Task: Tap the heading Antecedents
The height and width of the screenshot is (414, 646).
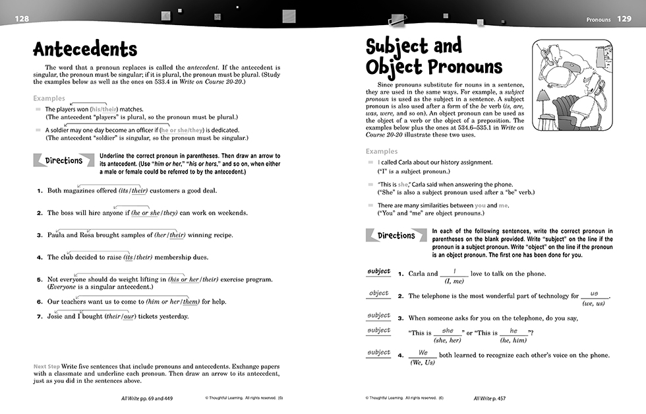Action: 85,50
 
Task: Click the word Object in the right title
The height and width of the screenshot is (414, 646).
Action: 394,67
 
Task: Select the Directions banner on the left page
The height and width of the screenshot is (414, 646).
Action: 64,160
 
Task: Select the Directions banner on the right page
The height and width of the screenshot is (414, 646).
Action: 396,236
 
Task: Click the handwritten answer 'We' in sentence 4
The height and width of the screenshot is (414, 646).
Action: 423,353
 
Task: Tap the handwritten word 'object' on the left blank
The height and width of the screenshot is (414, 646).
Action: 379,293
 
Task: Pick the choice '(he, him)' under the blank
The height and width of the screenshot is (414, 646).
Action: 514,340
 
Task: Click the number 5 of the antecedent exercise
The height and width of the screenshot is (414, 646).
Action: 40,279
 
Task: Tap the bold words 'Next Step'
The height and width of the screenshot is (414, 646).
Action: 47,366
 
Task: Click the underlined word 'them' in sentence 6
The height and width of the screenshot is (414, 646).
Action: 191,302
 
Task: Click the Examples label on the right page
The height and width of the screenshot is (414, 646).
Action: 382,151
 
